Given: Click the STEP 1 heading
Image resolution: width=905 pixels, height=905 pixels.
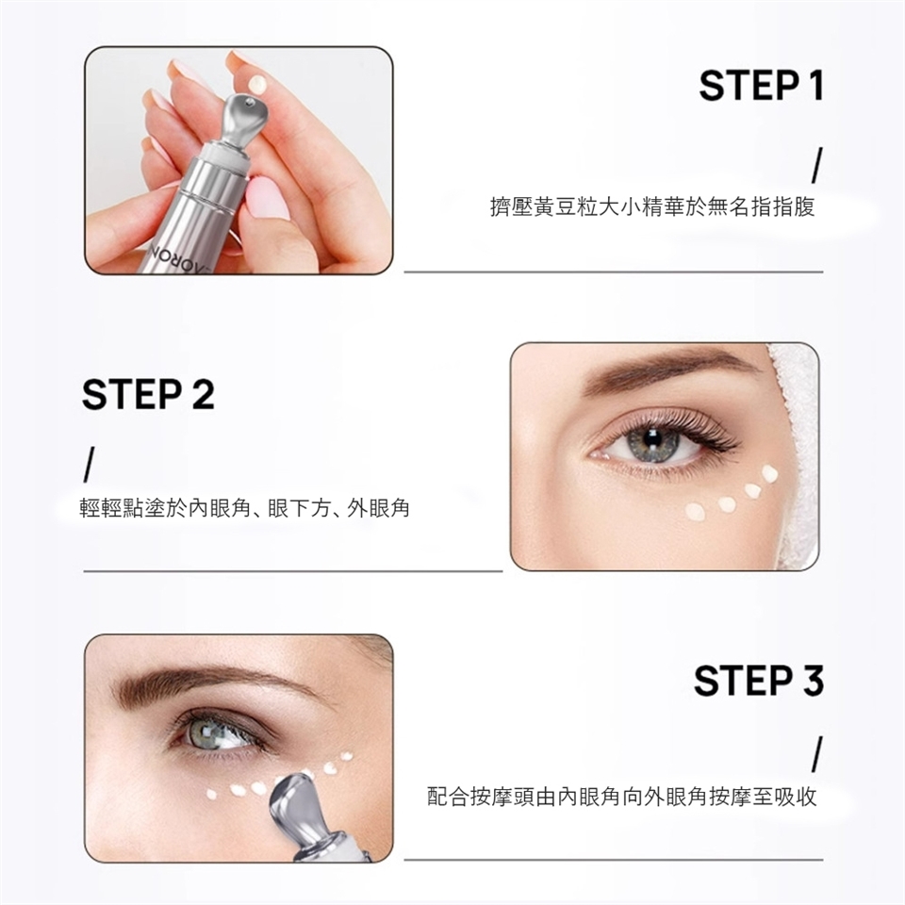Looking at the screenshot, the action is tap(761, 86).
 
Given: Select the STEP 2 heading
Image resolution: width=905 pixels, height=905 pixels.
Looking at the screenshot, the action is tap(148, 395).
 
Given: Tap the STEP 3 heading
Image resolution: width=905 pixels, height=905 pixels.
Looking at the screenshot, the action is tap(758, 681).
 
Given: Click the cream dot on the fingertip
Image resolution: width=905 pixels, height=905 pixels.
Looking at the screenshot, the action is tap(257, 84).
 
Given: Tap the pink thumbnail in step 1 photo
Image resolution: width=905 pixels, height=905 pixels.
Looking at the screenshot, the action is tap(266, 198).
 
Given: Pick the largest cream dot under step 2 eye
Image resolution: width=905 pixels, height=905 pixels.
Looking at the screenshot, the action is tap(695, 511).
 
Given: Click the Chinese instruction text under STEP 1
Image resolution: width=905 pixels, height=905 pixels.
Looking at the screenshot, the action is tap(652, 206).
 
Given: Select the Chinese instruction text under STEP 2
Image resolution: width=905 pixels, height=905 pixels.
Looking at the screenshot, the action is tap(244, 508).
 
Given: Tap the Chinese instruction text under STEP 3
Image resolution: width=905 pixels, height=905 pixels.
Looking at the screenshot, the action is tap(621, 798).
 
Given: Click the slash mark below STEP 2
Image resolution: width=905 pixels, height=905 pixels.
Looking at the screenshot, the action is tap(87, 464).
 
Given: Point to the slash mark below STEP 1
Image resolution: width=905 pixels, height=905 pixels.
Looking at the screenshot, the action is tap(816, 166).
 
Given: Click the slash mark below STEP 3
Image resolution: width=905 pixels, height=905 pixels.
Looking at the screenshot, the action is tap(816, 754).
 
